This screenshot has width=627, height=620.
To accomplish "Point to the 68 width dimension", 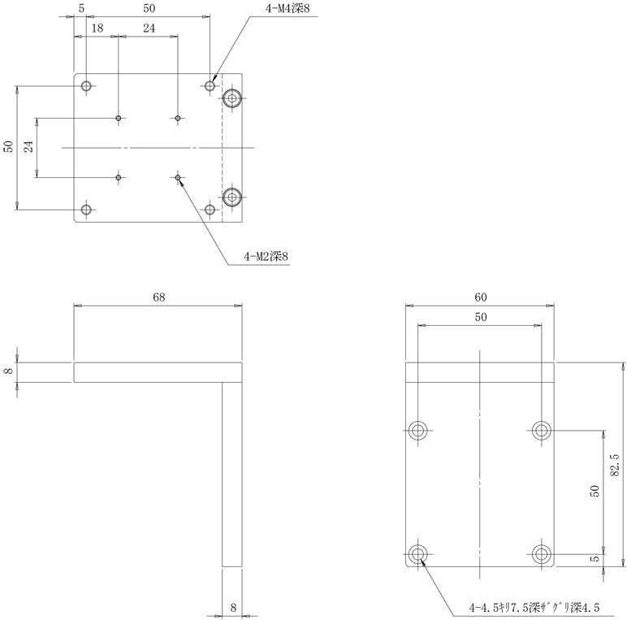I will coord(158,297).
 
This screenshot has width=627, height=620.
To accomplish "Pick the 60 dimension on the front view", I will coord(480,297).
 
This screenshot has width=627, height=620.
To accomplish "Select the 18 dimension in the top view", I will coord(97,28).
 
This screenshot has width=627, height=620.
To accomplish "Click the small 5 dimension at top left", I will coord(82,8).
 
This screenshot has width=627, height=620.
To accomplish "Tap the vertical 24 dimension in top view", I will coord(28,147).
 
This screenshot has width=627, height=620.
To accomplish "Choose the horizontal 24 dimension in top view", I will coord(149,28).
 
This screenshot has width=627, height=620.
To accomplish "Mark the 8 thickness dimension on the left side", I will coord(9,371).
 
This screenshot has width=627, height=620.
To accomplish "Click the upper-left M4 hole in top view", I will coord(86,85).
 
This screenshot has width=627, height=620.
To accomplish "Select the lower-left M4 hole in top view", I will coord(86,210).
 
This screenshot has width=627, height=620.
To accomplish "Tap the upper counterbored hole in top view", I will coord(233,99).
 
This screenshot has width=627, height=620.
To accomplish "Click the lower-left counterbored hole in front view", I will coord(418,554).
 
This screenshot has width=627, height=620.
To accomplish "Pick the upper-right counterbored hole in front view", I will coord(541,430).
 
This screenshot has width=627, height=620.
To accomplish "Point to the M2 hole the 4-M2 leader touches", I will coord(178,176).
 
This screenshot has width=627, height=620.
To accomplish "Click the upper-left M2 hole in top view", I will coord(119,119).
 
